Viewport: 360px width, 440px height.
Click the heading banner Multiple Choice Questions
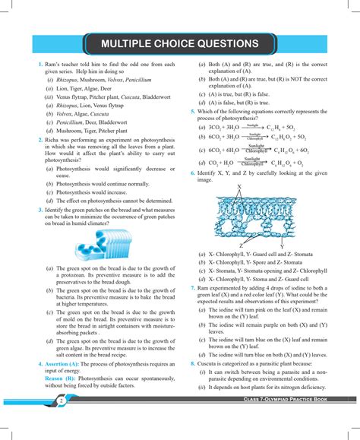point(180,43)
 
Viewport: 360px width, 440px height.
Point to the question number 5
point(194,111)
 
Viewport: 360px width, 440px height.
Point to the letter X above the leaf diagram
point(240,187)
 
